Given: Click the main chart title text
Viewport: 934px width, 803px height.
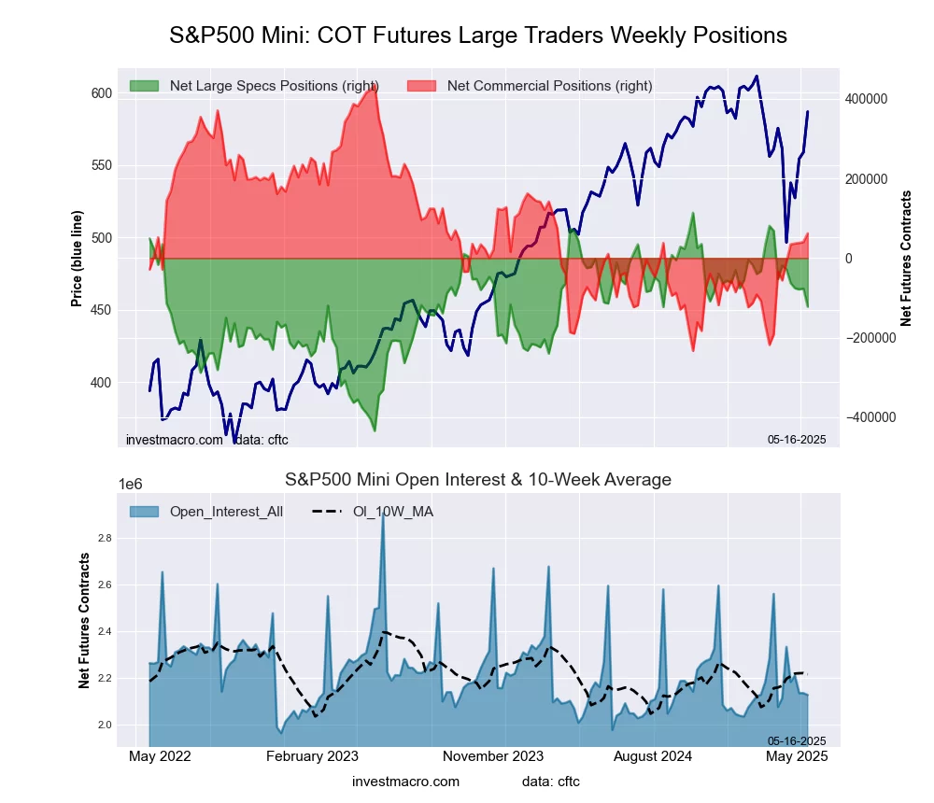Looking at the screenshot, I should tap(478, 35).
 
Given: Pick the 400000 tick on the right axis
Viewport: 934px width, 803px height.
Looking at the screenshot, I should tap(865, 99).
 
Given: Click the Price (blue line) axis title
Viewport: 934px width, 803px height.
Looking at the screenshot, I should tap(77, 259).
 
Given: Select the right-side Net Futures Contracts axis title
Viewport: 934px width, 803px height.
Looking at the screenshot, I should tap(906, 259).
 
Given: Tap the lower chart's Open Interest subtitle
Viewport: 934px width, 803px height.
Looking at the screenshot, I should tap(478, 480).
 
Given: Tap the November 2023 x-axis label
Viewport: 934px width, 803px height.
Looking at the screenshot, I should tap(494, 756).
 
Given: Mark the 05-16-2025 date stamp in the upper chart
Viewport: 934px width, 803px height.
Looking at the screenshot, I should tap(797, 439).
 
